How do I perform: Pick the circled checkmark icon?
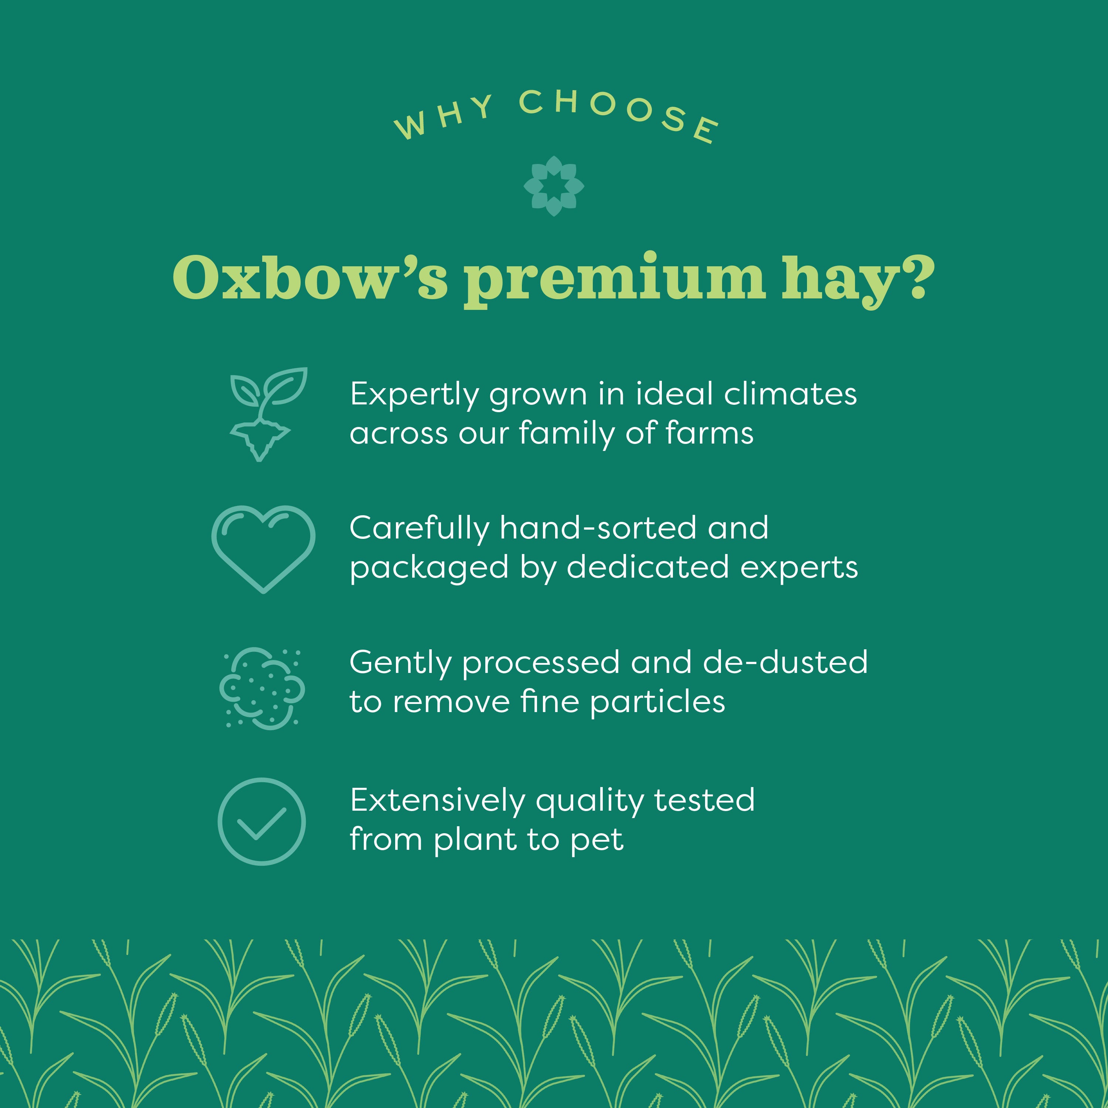261,821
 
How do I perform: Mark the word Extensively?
438,801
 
